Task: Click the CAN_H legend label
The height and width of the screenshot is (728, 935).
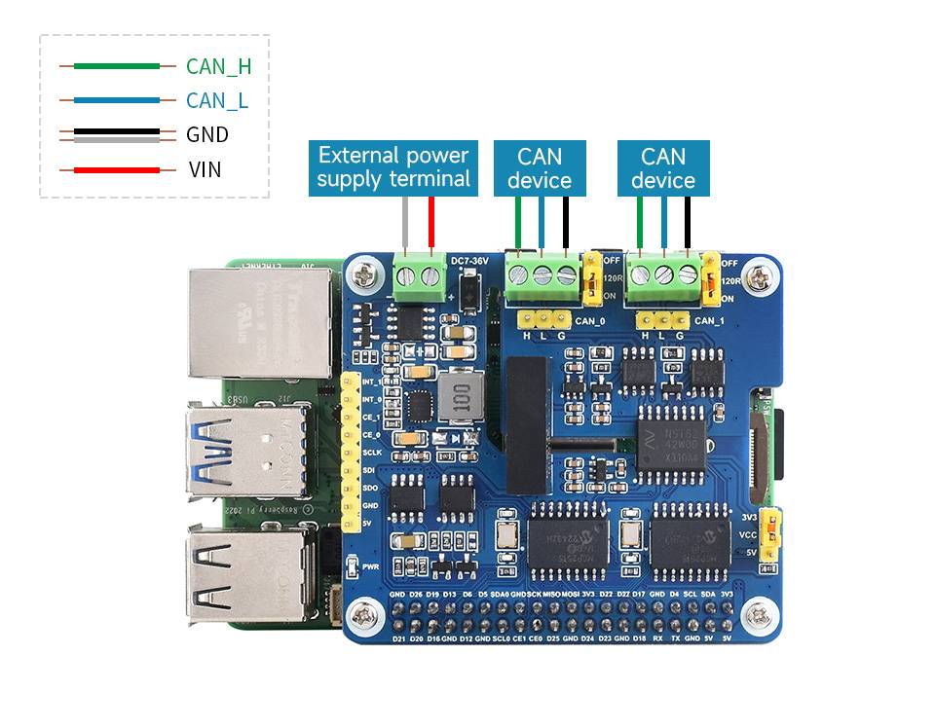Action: (218, 66)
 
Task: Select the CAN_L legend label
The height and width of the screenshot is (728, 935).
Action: (216, 100)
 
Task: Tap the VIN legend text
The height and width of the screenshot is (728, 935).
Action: (206, 169)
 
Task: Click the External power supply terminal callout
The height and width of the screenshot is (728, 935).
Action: (393, 166)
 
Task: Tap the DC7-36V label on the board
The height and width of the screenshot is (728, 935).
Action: (469, 261)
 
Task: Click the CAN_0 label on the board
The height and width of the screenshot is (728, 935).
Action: (590, 320)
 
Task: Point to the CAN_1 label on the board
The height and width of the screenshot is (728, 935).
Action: (709, 320)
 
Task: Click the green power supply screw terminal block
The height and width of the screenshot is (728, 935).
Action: (421, 278)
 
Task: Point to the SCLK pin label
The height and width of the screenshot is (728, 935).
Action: (371, 453)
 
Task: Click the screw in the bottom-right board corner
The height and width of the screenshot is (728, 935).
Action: (755, 614)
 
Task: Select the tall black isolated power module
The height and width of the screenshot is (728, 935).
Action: (527, 423)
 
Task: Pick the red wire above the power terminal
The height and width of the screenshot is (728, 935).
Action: (431, 224)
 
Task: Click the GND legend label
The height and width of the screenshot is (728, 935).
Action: (207, 134)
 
